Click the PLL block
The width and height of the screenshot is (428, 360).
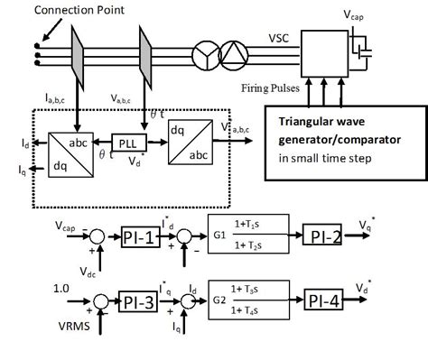coord(126,143)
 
